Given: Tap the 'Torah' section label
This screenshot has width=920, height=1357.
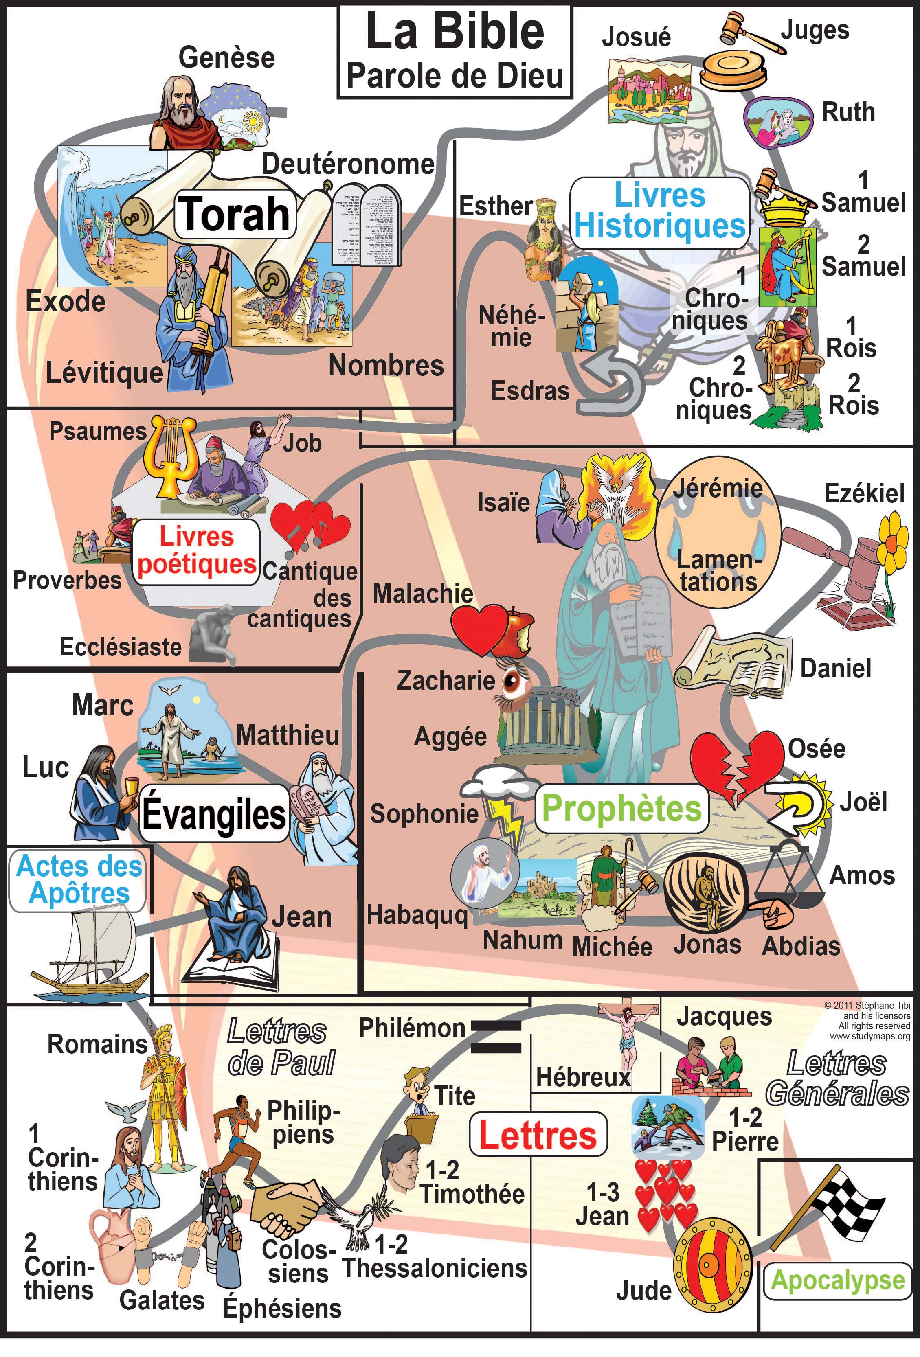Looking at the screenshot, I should pyautogui.click(x=234, y=214).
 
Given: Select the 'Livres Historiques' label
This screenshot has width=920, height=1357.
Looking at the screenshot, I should pyautogui.click(x=659, y=211).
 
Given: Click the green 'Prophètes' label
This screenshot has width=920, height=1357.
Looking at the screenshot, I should pyautogui.click(x=621, y=809).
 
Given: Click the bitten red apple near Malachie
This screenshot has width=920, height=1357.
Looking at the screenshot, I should pyautogui.click(x=517, y=634).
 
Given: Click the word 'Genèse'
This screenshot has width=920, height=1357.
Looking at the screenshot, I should pyautogui.click(x=227, y=58).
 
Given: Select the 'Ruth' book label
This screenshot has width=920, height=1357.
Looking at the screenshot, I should pyautogui.click(x=848, y=112).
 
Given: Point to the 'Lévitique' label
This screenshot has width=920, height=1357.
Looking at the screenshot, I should pyautogui.click(x=105, y=373).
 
